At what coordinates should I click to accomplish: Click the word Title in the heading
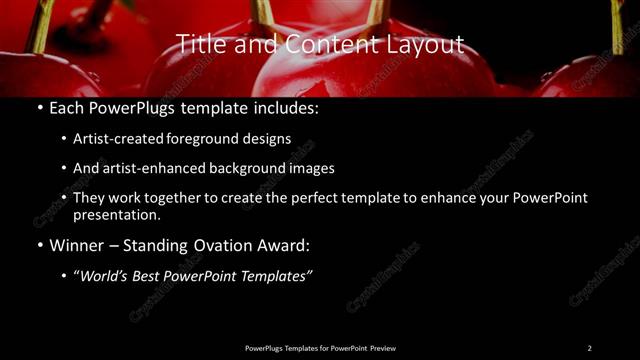200,44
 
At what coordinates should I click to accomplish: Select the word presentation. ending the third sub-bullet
118,214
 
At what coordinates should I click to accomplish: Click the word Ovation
227,245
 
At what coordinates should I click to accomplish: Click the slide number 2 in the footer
589,347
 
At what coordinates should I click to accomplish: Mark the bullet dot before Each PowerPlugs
38,106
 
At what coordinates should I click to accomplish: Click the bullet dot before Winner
38,245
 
